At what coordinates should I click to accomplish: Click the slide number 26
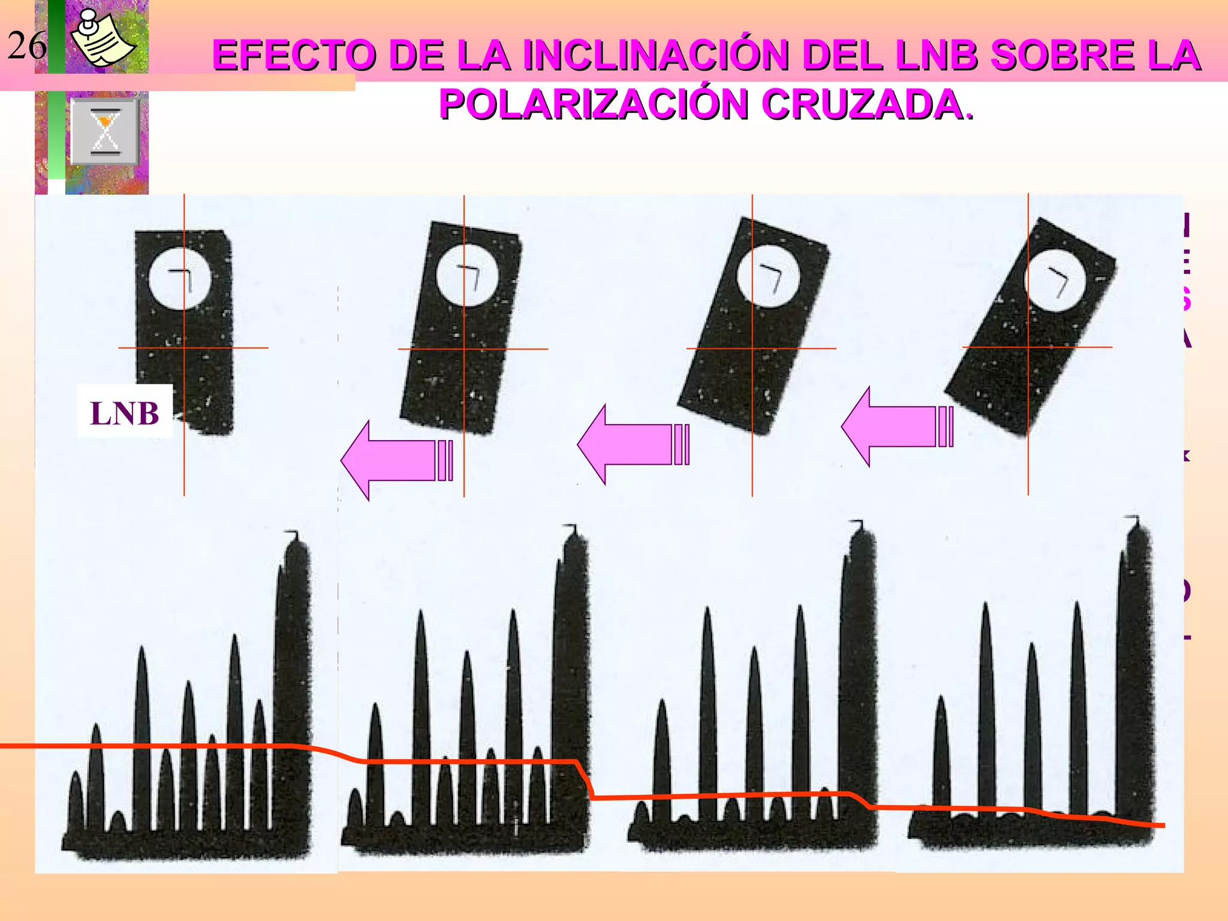tap(27, 46)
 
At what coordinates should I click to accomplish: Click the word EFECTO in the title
tap(294, 55)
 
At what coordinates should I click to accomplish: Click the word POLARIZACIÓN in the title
tap(594, 104)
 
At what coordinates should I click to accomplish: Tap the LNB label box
tap(125, 413)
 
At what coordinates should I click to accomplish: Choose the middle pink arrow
tap(633, 444)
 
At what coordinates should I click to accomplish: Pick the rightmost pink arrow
tap(897, 426)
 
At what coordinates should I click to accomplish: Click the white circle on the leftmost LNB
tap(179, 279)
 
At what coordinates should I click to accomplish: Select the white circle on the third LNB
tap(767, 277)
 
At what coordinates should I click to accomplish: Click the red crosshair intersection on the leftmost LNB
tap(184, 348)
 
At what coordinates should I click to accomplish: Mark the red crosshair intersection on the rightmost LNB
tap(1028, 347)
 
